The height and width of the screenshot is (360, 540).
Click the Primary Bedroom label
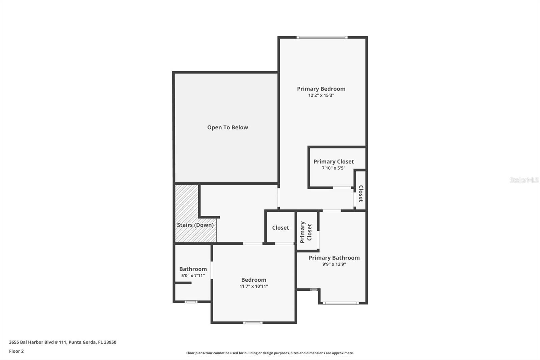[321, 89]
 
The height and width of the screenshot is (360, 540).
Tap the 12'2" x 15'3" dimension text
[321, 96]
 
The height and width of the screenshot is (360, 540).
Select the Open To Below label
[227, 127]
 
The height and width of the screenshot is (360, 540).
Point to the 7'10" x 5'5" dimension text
[333, 168]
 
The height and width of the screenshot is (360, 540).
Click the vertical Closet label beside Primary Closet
[361, 194]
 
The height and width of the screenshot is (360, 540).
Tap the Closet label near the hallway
[280, 228]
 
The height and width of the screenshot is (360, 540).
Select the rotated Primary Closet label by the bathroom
[306, 232]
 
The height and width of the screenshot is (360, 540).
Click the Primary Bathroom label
[334, 258]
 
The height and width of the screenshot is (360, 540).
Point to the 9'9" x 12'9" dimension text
[334, 264]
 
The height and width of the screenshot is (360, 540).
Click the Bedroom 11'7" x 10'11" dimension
[254, 286]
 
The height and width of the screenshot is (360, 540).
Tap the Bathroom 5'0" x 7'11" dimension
[193, 276]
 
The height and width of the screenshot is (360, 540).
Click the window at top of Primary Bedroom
[322, 37]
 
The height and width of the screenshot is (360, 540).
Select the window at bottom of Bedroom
[253, 323]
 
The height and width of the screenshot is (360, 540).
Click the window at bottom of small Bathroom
[191, 302]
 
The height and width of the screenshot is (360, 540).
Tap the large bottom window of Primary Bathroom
[341, 303]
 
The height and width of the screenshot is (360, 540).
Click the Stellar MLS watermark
[524, 180]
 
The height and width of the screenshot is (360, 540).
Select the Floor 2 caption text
[16, 351]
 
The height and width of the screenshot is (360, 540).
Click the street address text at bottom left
[62, 342]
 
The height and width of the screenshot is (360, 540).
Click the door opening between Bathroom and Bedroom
[212, 270]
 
